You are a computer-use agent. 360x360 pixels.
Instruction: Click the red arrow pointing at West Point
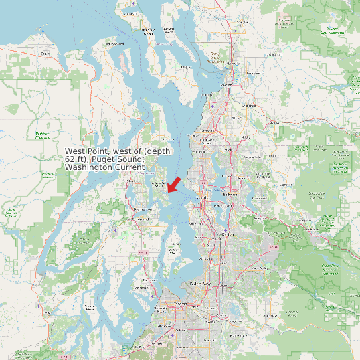point(174,184)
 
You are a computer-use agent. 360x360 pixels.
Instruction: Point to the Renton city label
point(228,234)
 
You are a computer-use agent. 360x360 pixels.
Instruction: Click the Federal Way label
point(200,284)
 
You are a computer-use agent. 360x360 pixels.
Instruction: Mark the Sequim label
point(45,53)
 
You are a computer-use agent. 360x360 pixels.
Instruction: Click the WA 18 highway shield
point(271,247)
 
